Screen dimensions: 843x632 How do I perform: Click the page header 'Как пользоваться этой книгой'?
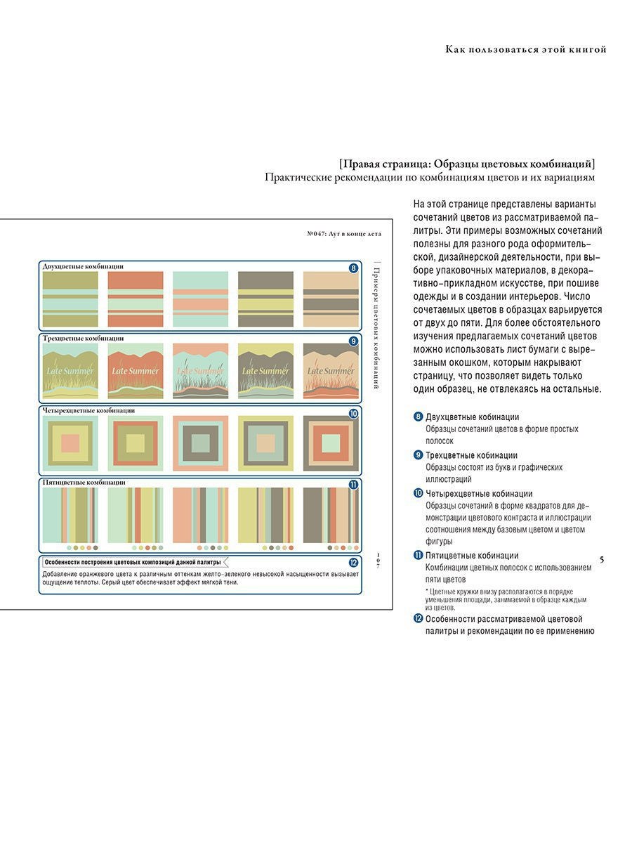pyautogui.click(x=526, y=49)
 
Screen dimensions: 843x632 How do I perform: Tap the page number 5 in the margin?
pyautogui.click(x=602, y=559)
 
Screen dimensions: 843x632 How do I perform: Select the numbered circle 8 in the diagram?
pyautogui.click(x=353, y=268)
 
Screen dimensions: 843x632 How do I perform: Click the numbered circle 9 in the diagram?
pyautogui.click(x=353, y=341)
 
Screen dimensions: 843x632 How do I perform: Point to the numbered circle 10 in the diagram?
pyautogui.click(x=353, y=414)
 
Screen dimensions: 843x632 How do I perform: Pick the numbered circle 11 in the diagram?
pyautogui.click(x=353, y=485)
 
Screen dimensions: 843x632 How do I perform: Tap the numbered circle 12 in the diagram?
pyautogui.click(x=353, y=562)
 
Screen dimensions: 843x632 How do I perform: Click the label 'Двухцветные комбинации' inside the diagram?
pyautogui.click(x=83, y=266)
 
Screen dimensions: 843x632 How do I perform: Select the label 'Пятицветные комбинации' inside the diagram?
pyautogui.click(x=84, y=483)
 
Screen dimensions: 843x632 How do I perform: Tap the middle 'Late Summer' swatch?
pyautogui.click(x=200, y=371)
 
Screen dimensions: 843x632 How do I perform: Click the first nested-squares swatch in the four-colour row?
pyautogui.click(x=70, y=443)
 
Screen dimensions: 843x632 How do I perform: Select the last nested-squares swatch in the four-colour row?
pyautogui.click(x=331, y=443)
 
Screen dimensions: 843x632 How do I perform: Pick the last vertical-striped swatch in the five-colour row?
pyautogui.click(x=331, y=515)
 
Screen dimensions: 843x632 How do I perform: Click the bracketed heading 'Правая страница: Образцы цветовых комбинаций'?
pyautogui.click(x=466, y=164)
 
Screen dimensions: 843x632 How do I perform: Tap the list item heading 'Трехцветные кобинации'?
pyautogui.click(x=471, y=455)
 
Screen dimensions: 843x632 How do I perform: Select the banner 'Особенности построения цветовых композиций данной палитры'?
pyautogui.click(x=133, y=562)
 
